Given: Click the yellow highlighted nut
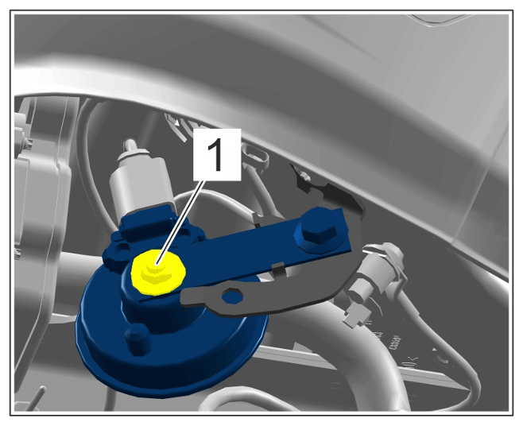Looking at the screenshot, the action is [x=158, y=273].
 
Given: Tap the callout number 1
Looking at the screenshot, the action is [x=217, y=155].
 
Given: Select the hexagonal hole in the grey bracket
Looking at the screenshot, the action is [x=232, y=296].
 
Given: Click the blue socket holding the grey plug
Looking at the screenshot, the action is [x=147, y=223].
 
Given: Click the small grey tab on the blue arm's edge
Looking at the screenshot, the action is [x=278, y=269].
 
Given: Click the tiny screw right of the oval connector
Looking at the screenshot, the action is [x=304, y=175].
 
